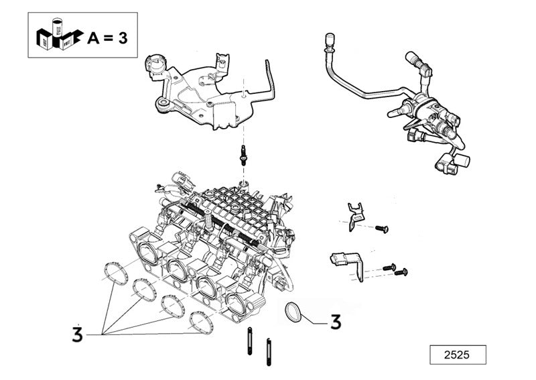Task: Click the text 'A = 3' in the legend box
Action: (108, 38)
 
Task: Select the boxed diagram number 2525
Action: (458, 355)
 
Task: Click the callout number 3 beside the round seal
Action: (335, 322)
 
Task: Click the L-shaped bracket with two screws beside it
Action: (348, 263)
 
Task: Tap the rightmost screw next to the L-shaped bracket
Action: (403, 271)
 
